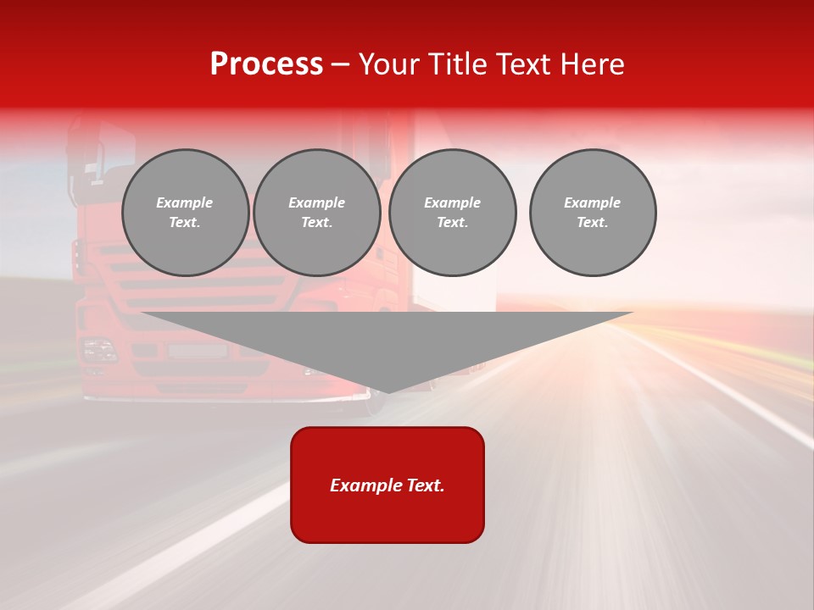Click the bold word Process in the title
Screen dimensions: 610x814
click(266, 64)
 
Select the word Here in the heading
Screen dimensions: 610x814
click(590, 64)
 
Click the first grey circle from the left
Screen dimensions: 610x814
click(185, 213)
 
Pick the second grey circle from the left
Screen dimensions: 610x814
click(316, 213)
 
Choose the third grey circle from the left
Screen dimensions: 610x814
click(452, 213)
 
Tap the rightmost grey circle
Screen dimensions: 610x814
click(592, 213)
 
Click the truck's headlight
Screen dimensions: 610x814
click(98, 349)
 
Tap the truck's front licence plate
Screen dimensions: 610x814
click(197, 350)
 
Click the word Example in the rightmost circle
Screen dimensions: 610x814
click(592, 202)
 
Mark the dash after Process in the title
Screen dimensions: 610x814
click(340, 64)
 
